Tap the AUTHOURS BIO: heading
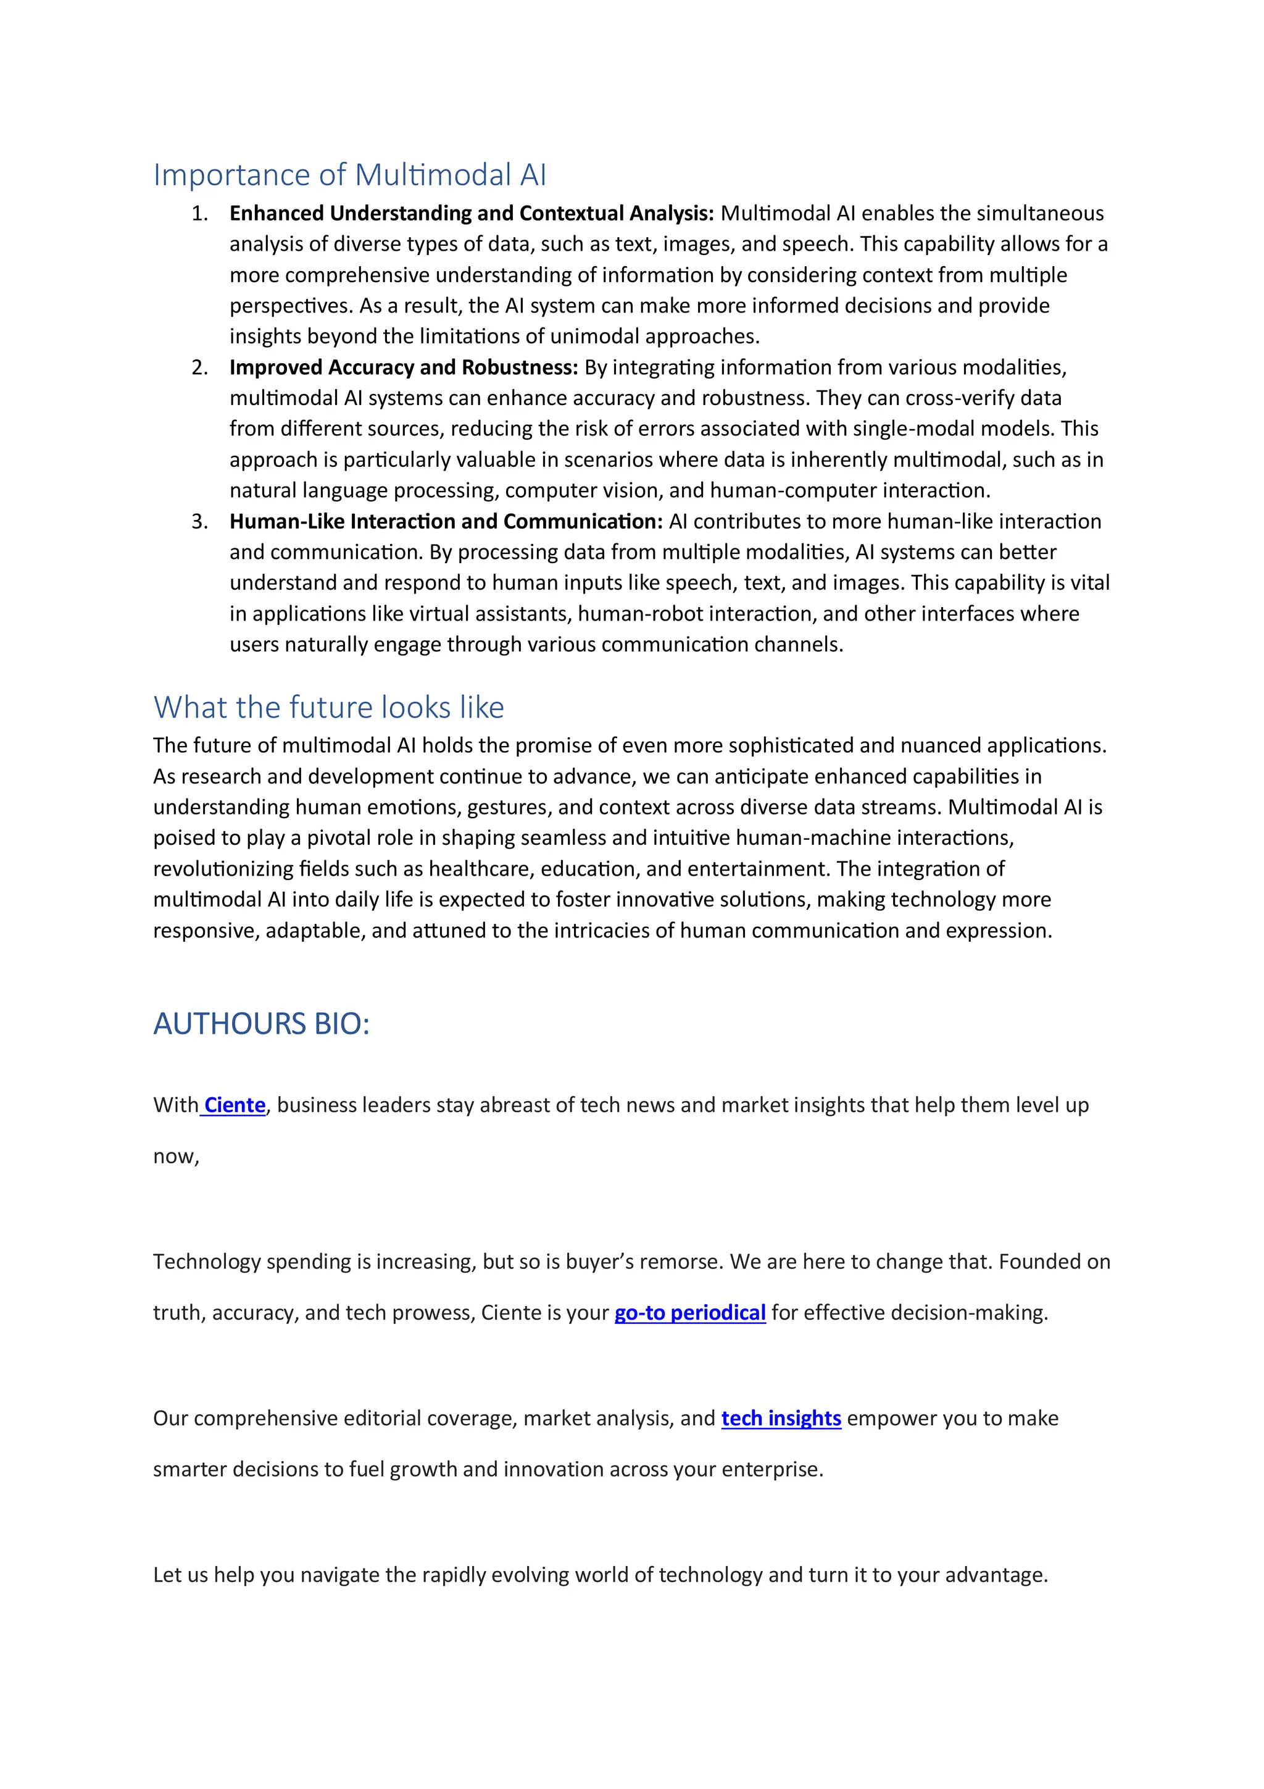pyautogui.click(x=261, y=1023)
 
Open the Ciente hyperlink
pyautogui.click(x=235, y=1105)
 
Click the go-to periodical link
pyautogui.click(x=689, y=1312)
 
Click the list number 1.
pyautogui.click(x=199, y=214)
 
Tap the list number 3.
pyautogui.click(x=199, y=521)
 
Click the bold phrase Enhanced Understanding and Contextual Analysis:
pyautogui.click(x=471, y=214)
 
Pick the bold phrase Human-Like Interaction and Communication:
pyautogui.click(x=446, y=521)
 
